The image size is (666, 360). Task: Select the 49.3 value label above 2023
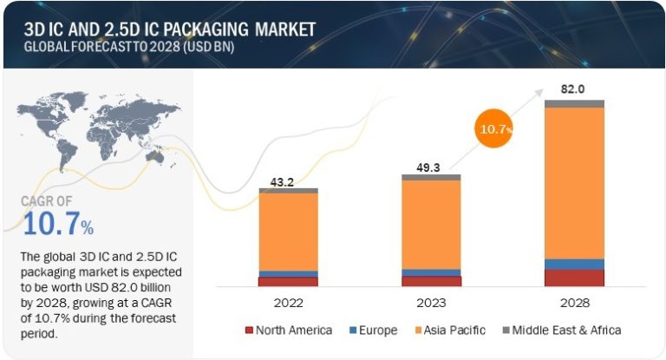pyautogui.click(x=431, y=168)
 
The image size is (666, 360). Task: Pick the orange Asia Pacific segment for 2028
pyautogui.click(x=575, y=182)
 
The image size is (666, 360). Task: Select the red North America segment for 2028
pyautogui.click(x=575, y=278)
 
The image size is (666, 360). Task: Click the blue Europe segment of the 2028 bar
pyautogui.click(x=575, y=264)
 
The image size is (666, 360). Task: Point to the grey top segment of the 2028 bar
pyautogui.click(x=575, y=103)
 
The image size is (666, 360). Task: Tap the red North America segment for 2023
pyautogui.click(x=431, y=281)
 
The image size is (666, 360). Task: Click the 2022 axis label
pyautogui.click(x=288, y=303)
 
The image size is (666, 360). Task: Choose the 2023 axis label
pyautogui.click(x=431, y=303)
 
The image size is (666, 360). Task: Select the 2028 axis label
pyautogui.click(x=575, y=303)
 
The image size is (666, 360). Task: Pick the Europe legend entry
pyautogui.click(x=374, y=331)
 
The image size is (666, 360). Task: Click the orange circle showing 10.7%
pyautogui.click(x=494, y=129)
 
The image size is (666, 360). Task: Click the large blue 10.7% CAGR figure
pyautogui.click(x=57, y=225)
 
